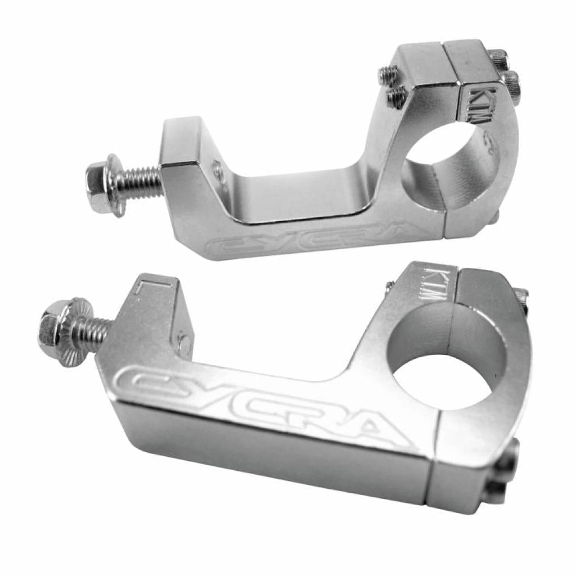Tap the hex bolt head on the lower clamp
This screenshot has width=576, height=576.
coord(49,329)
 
